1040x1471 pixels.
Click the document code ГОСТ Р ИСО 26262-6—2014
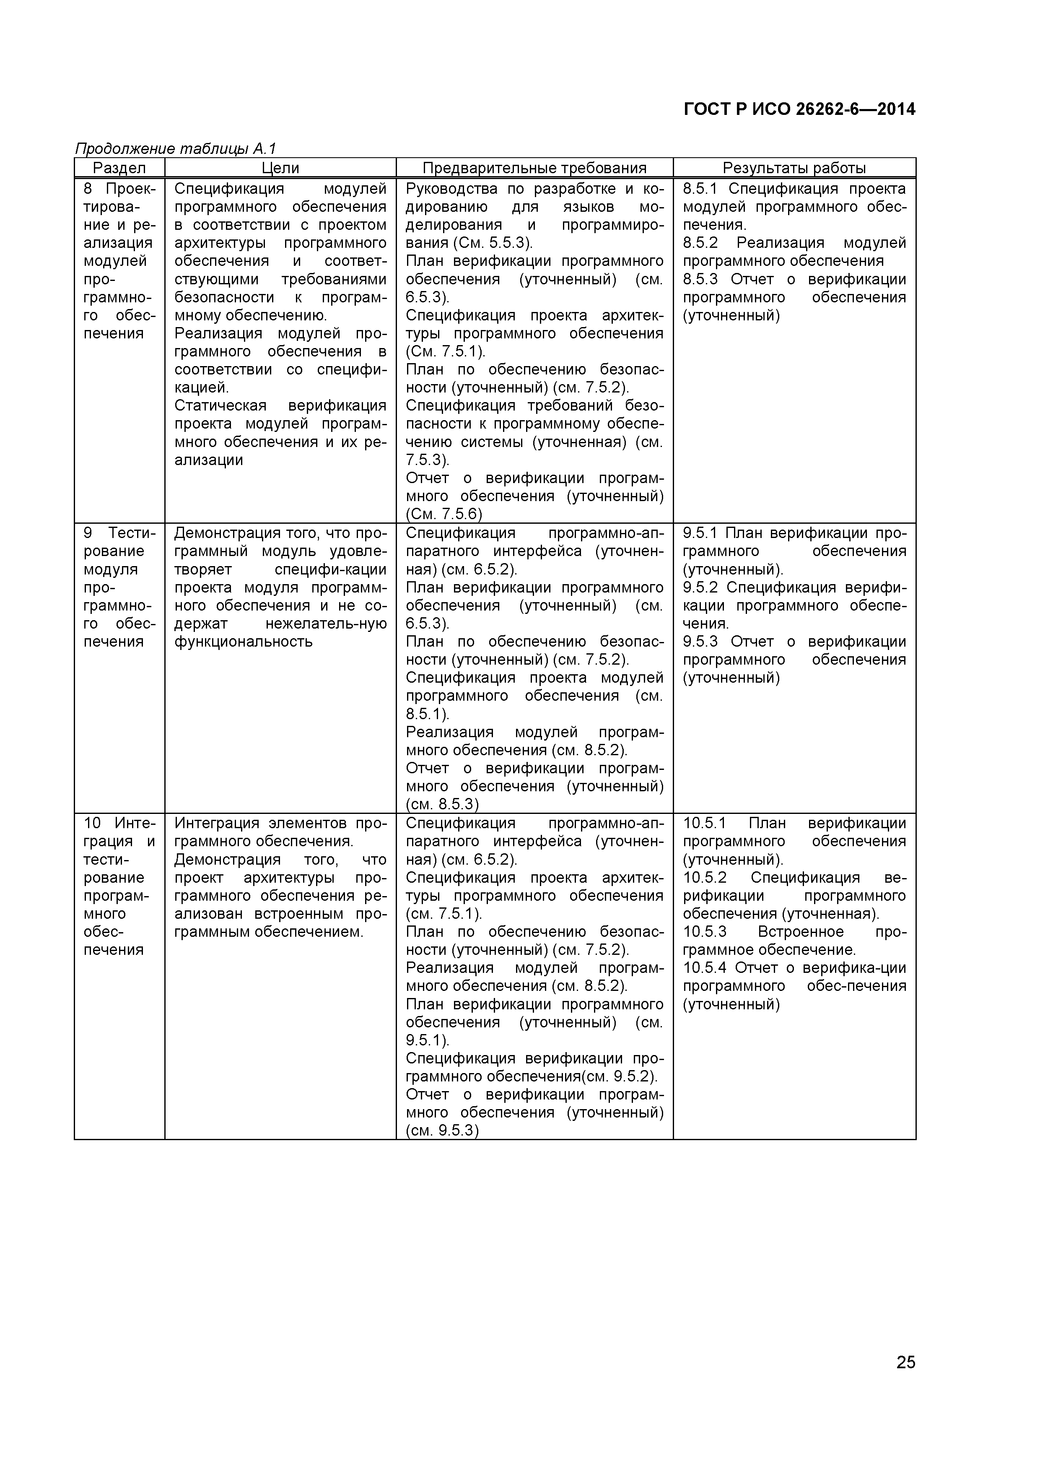799,109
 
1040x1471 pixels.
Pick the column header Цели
280,168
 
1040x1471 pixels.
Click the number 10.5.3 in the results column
704,932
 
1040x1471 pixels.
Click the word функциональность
244,642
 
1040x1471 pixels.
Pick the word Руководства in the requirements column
451,189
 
